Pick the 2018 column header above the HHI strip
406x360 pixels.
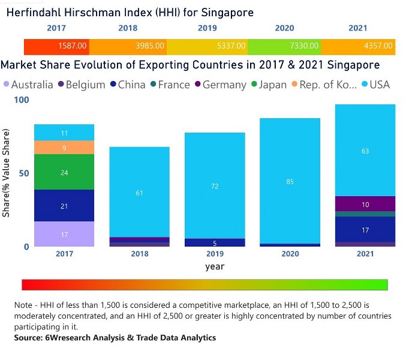pyautogui.click(x=128, y=28)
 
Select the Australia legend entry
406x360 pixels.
pyautogui.click(x=28, y=85)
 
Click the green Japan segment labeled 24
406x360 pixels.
pyautogui.click(x=64, y=172)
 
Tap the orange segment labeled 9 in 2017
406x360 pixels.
pyautogui.click(x=64, y=148)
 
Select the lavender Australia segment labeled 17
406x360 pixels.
pyautogui.click(x=64, y=235)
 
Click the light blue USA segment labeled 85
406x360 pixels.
pyautogui.click(x=290, y=181)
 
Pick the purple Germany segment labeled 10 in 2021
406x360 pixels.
pyautogui.click(x=365, y=204)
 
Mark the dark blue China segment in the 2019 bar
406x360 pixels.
pyautogui.click(x=215, y=242)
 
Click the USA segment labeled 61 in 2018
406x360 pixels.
pyautogui.click(x=139, y=192)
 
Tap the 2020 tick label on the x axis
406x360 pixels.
pyautogui.click(x=290, y=254)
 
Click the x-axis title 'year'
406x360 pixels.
pyautogui.click(x=215, y=266)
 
